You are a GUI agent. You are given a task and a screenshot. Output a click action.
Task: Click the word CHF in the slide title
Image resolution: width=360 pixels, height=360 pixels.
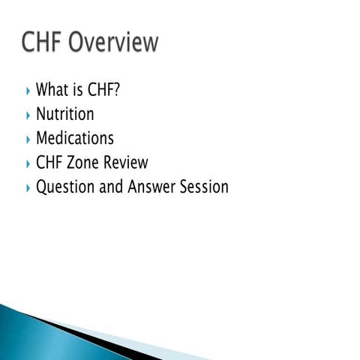(41, 43)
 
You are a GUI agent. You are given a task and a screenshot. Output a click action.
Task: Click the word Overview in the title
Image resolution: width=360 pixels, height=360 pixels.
(113, 43)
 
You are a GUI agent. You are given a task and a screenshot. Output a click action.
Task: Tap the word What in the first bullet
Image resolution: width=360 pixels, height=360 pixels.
(52, 91)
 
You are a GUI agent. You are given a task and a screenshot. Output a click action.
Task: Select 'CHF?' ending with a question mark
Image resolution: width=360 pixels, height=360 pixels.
(106, 91)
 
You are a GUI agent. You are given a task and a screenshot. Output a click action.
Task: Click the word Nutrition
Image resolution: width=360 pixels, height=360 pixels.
(65, 115)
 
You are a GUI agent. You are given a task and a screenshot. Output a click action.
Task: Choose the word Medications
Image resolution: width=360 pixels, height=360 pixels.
(75, 139)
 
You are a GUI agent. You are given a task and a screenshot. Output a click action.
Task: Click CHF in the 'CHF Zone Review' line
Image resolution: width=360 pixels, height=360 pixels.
(49, 163)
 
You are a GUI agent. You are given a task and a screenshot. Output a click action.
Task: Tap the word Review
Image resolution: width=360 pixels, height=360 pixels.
(125, 163)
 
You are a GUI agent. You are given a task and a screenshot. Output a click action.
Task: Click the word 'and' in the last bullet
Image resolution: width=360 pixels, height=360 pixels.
(111, 187)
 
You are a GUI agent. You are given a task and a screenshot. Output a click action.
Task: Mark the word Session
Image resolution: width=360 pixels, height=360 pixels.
(203, 187)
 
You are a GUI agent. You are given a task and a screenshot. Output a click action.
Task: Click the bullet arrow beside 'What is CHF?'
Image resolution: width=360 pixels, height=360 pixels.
(28, 91)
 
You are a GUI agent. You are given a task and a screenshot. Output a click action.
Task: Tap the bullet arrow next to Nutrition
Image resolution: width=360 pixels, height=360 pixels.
(28, 115)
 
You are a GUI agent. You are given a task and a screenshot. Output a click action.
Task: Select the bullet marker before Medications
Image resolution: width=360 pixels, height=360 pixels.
(28, 139)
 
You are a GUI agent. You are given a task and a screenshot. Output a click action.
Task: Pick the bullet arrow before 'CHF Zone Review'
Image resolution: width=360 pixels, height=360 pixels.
(28, 163)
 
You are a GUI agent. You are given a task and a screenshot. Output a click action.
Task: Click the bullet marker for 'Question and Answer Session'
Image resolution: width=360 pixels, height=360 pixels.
(28, 188)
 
